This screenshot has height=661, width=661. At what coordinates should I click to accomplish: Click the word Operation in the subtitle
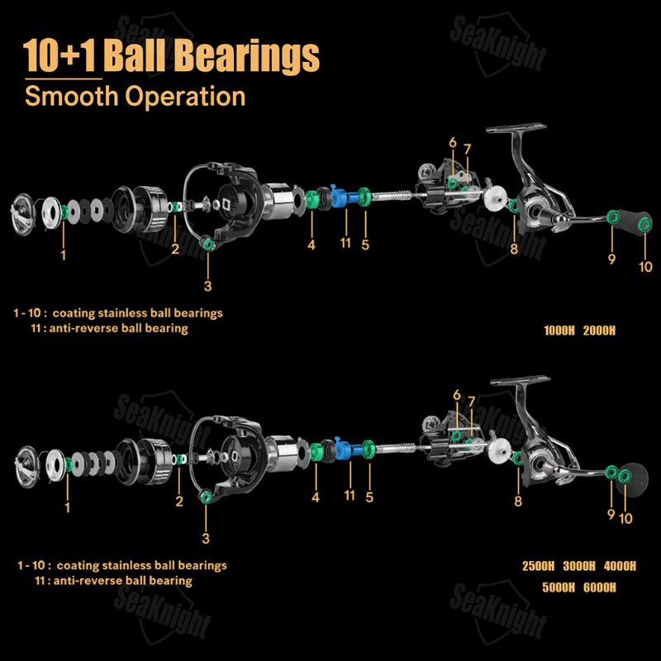(x=185, y=96)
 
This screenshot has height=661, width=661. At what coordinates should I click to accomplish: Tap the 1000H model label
(x=559, y=330)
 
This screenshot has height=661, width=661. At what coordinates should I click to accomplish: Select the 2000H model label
(x=599, y=330)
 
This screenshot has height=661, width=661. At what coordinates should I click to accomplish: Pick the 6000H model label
(x=600, y=587)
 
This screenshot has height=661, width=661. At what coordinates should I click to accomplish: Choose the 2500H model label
(x=539, y=566)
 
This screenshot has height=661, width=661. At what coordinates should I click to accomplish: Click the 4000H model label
(x=620, y=566)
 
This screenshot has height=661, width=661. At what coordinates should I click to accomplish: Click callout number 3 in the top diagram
(x=207, y=286)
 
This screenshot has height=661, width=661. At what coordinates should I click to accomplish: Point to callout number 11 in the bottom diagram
(x=350, y=495)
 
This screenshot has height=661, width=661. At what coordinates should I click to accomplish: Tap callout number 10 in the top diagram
(x=645, y=266)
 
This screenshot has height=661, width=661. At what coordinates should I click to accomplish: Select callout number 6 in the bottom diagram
(x=457, y=395)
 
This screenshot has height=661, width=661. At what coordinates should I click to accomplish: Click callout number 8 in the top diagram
(x=514, y=249)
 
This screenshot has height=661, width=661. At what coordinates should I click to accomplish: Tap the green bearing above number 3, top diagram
(x=208, y=243)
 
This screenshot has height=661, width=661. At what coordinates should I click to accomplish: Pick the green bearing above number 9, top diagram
(x=612, y=217)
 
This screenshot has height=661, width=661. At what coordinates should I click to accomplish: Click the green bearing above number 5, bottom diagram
(x=369, y=449)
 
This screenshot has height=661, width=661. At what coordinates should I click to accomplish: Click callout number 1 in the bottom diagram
(x=68, y=506)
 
